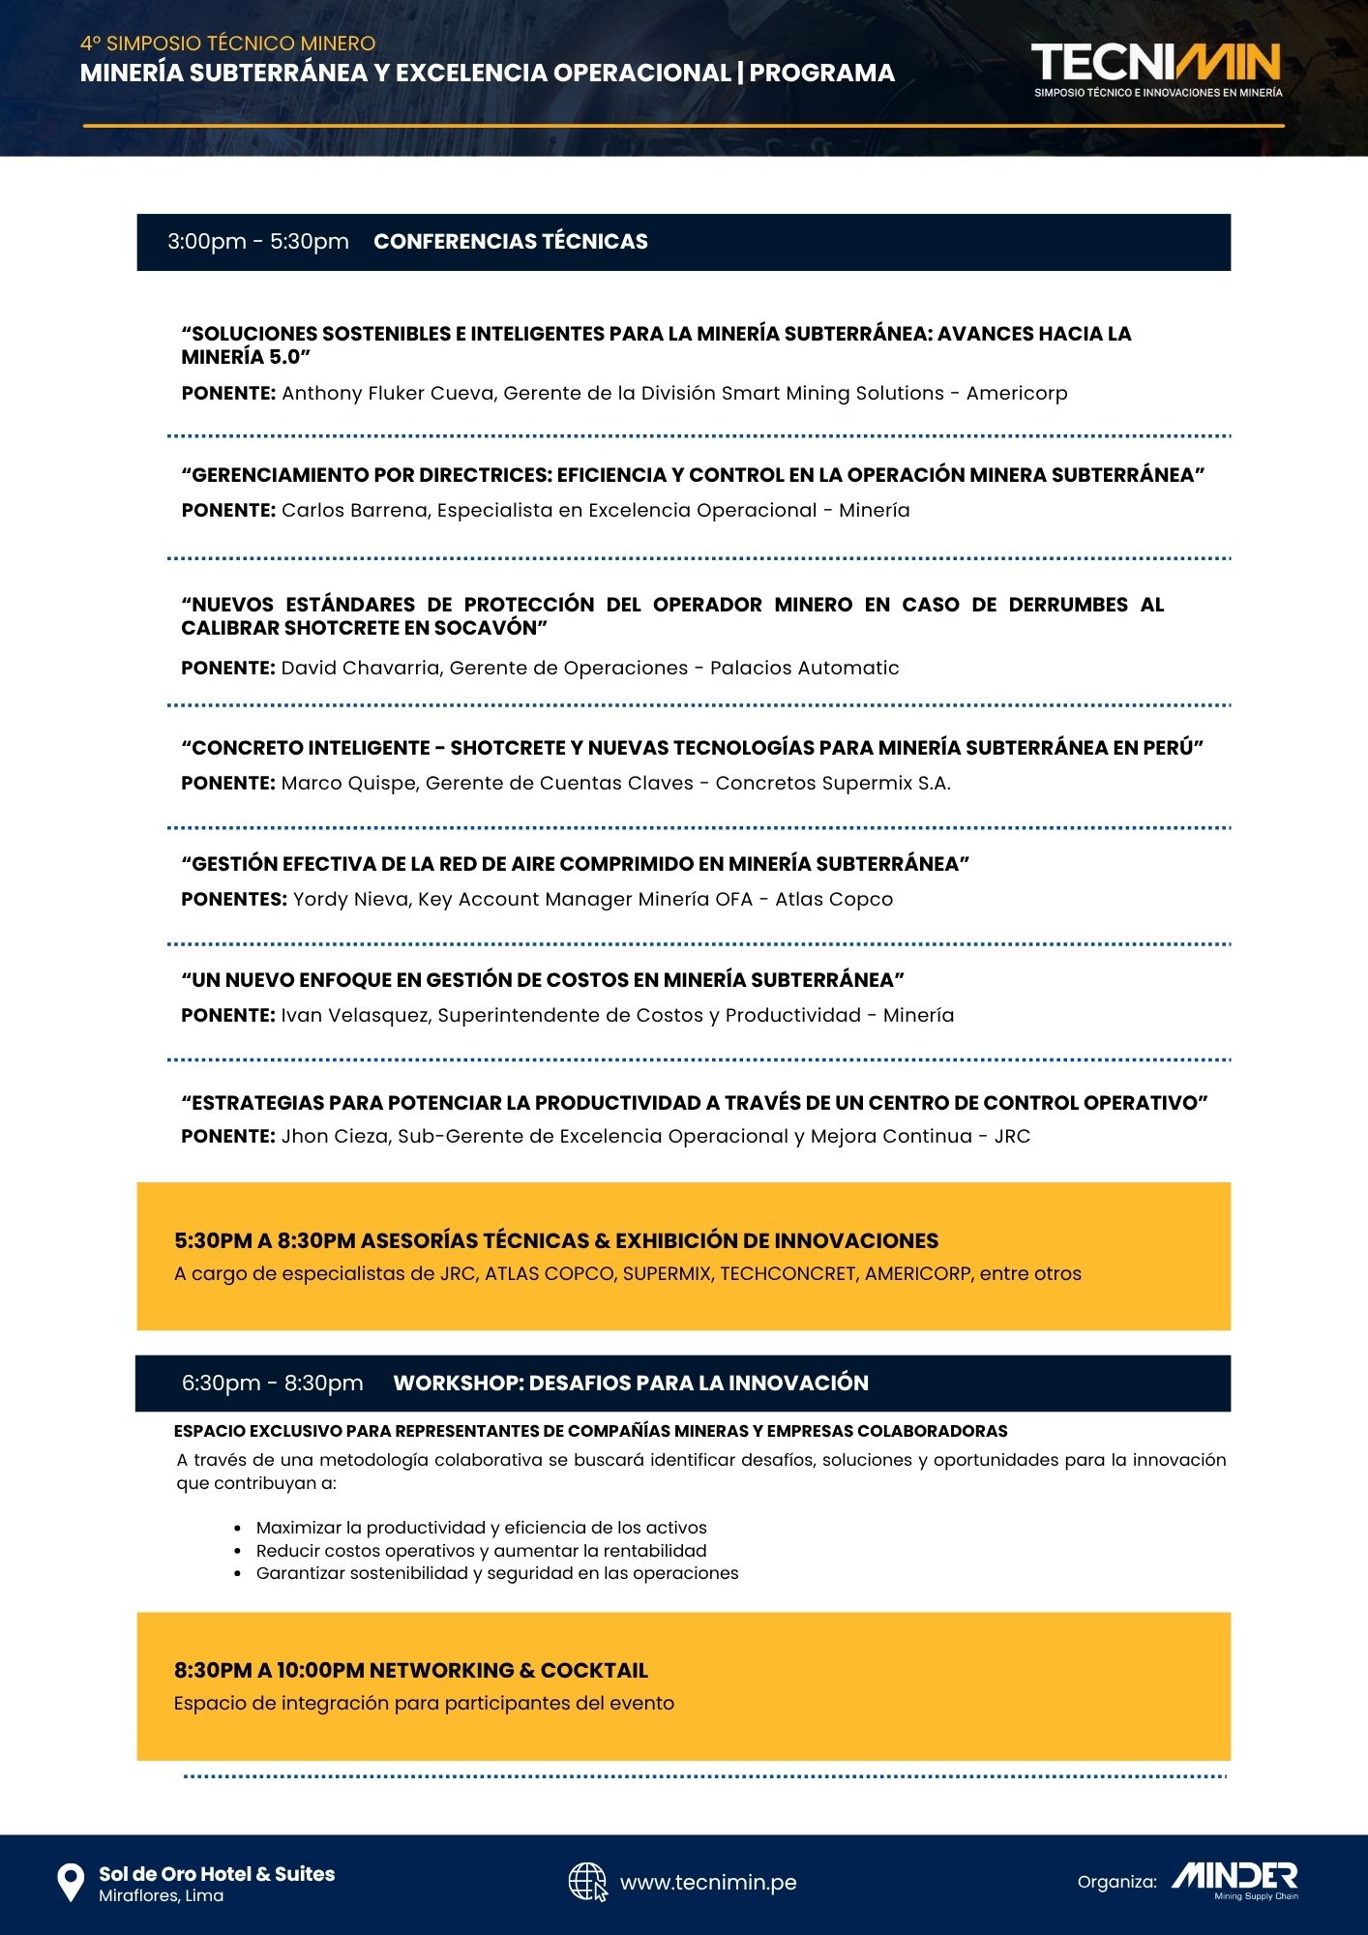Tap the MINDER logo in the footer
pos(1234,1877)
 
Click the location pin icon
pos(71,1883)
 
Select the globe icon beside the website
pos(587,1882)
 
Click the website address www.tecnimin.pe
pos(708,1883)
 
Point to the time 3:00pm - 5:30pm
pos(258,242)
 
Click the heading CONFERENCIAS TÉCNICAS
pos(511,242)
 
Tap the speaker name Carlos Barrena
pos(354,511)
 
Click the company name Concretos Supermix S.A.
pos(833,784)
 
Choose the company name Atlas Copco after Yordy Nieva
pos(834,900)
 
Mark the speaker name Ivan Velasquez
pos(354,1016)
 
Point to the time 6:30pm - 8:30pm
pos(273,1384)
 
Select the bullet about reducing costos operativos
pos(481,1551)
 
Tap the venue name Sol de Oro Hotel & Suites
pos(217,1874)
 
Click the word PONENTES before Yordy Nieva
pos(234,900)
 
